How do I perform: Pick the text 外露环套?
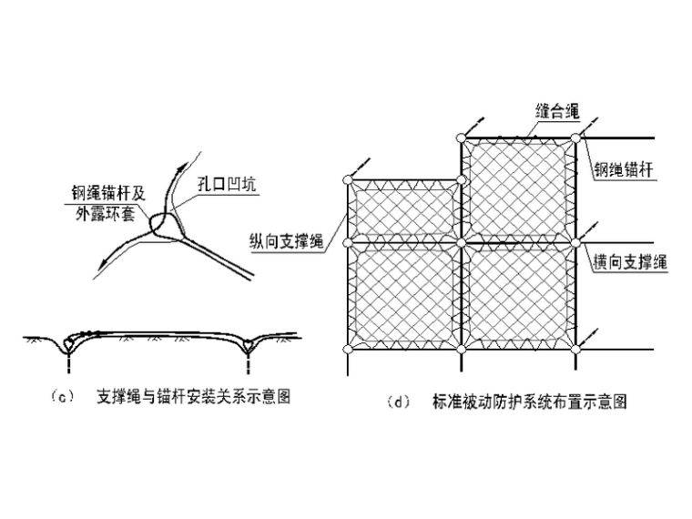(105, 212)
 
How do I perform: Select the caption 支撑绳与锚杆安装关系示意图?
(193, 398)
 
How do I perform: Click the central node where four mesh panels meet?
(462, 243)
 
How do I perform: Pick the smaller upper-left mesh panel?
(404, 211)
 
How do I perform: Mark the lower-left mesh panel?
(404, 295)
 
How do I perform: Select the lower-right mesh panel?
(519, 295)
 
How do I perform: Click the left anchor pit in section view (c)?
(67, 346)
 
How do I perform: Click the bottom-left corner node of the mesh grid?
(347, 348)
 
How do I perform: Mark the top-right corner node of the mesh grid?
(575, 137)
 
